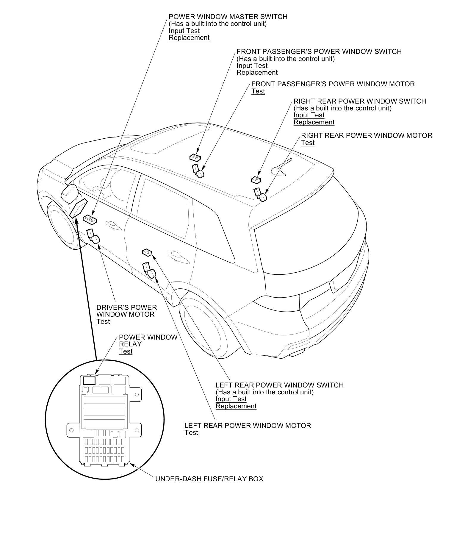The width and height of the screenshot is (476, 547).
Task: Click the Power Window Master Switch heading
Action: point(228,17)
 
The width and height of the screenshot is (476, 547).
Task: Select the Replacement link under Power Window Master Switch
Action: point(189,38)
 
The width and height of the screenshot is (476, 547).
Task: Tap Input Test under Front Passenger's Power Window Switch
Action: point(252,65)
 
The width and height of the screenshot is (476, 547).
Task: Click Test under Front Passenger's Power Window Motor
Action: point(258,91)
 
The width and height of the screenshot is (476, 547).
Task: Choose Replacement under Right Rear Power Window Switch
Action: point(314,122)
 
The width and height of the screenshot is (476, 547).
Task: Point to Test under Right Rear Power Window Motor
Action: point(308,143)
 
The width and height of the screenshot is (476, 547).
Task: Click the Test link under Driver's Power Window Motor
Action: point(103,321)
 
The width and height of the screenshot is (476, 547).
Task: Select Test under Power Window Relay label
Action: point(126,351)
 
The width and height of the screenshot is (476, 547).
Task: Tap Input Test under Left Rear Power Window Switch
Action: point(231,399)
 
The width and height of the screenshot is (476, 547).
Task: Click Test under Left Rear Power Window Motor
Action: point(191,432)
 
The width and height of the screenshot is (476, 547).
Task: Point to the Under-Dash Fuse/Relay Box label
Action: point(209,479)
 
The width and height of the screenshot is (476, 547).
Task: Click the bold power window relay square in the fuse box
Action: point(89,381)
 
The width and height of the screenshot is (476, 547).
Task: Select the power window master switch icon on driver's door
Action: point(90,220)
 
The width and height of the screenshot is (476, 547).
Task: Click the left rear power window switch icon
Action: point(147,253)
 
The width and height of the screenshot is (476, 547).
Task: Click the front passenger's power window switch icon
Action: point(195,157)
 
